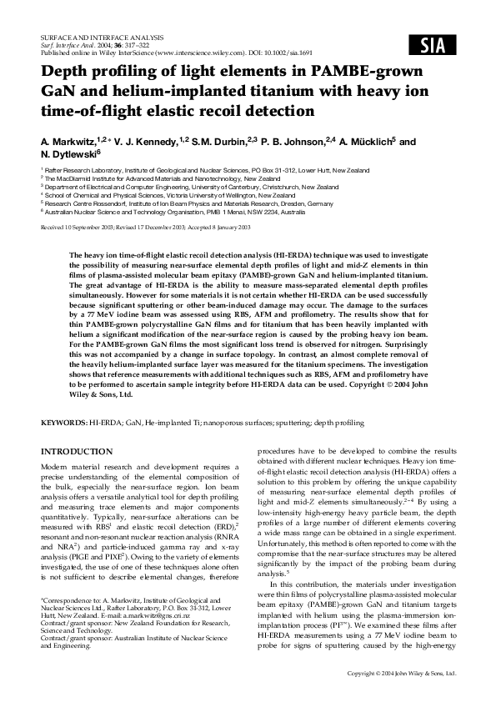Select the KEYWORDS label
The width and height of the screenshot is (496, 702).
65,424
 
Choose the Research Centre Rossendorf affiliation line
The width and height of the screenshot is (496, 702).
197,204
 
